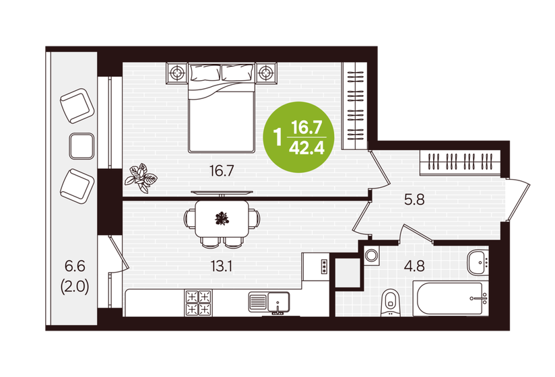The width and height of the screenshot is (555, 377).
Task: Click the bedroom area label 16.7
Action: (x=221, y=171)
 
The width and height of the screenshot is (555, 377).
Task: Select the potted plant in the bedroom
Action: (x=143, y=177)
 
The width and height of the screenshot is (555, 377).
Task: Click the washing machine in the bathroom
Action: (x=372, y=256)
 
